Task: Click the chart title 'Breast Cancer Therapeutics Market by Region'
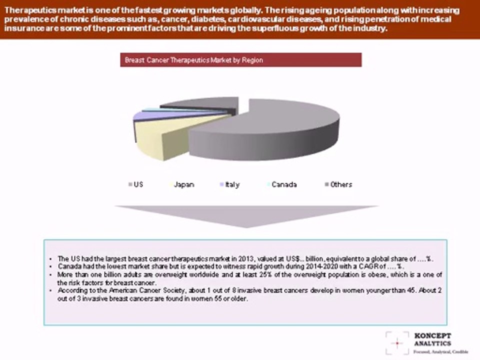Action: coord(194,60)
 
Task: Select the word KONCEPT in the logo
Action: coord(433,335)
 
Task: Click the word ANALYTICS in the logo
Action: coord(433,343)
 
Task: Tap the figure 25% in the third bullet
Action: coord(266,275)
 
